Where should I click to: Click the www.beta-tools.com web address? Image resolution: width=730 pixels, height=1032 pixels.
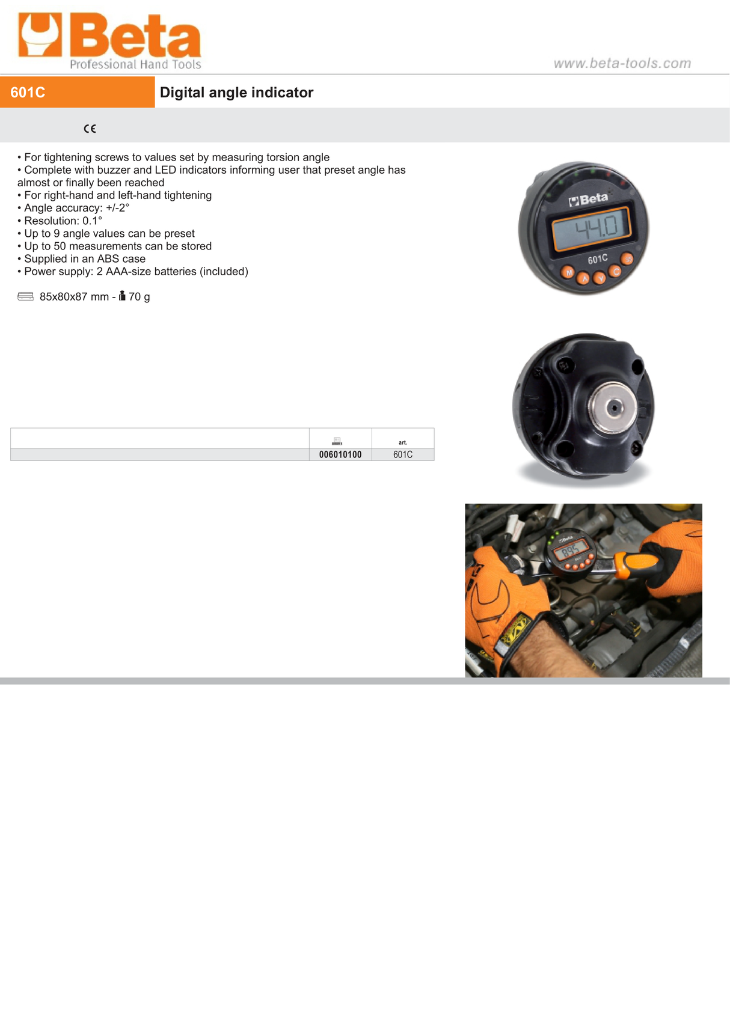point(622,63)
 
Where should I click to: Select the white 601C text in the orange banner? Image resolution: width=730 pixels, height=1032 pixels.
point(28,93)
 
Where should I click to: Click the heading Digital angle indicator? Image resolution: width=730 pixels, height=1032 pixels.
point(236,93)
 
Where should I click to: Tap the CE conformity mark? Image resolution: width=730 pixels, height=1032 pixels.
point(90,129)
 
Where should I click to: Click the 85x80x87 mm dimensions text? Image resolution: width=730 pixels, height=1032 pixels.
point(74,297)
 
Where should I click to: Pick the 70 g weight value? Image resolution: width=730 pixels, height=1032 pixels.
point(139,297)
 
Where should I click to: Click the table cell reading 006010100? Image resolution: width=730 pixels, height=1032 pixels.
point(340,455)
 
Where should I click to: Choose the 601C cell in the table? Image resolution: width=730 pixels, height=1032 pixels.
point(403,455)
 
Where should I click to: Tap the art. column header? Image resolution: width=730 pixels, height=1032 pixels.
point(403,442)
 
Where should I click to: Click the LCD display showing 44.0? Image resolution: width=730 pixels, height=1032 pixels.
point(591,227)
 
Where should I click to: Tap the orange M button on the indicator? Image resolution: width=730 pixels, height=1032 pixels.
point(568,272)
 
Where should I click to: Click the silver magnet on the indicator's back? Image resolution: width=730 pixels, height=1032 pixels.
point(613,408)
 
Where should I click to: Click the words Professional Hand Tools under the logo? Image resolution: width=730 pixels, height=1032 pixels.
point(135,64)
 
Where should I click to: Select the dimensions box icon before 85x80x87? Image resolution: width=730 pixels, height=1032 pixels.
point(25,296)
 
